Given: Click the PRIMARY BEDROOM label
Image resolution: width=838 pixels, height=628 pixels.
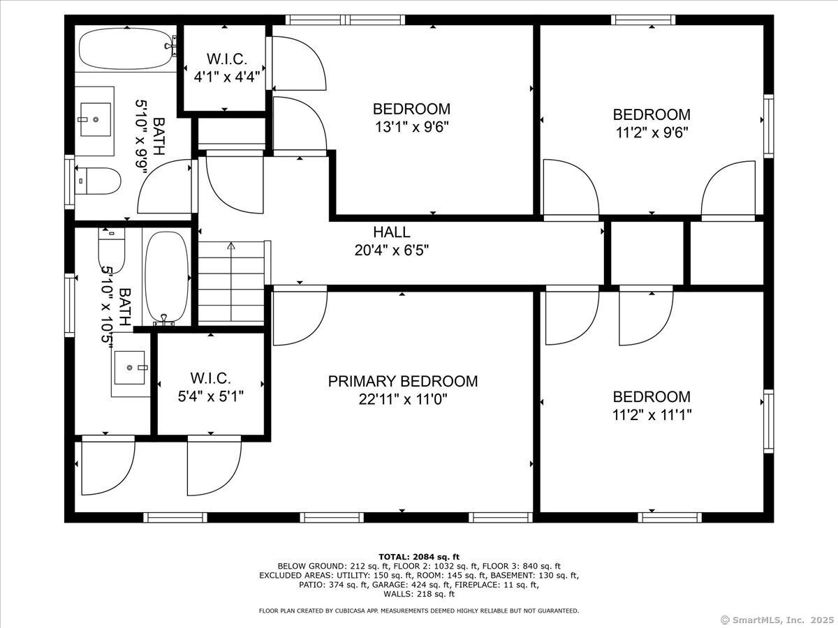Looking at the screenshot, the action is tap(403, 381).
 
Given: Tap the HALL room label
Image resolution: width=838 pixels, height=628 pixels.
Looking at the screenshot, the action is tap(392, 232).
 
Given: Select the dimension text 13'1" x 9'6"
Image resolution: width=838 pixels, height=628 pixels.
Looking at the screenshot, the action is tap(411, 126).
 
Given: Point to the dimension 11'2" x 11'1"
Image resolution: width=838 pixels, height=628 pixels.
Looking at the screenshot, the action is tap(652, 414).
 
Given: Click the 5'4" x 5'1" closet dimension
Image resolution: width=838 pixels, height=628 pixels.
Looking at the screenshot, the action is tap(211, 396).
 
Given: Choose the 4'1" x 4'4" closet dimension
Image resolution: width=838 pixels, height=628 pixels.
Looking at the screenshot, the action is tap(227, 77).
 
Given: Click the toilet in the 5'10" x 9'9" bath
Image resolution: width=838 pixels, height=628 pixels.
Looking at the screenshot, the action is tap(98, 181).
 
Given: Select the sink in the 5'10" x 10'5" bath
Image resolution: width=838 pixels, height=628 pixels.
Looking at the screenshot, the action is tap(130, 368).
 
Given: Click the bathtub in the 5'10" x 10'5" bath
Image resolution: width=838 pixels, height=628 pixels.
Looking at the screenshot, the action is tap(167, 277).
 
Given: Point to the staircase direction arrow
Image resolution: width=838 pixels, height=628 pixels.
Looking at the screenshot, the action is tap(231, 281).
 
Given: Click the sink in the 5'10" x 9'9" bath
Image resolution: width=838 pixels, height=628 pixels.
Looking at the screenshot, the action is tap(96, 119).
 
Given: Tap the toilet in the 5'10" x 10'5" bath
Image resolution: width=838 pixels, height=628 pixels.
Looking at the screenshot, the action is tap(112, 250).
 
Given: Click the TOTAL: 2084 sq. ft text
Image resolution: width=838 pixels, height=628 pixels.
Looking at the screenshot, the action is tap(419, 557).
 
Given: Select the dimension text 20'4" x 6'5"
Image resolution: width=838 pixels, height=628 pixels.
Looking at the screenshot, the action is tap(392, 251).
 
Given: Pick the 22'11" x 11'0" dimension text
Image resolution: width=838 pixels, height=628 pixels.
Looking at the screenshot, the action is tap(403, 399).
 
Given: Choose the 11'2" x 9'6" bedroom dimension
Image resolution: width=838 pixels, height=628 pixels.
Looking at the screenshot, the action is tap(652, 133).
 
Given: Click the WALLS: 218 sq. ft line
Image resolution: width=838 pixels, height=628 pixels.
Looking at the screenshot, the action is tap(419, 594).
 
